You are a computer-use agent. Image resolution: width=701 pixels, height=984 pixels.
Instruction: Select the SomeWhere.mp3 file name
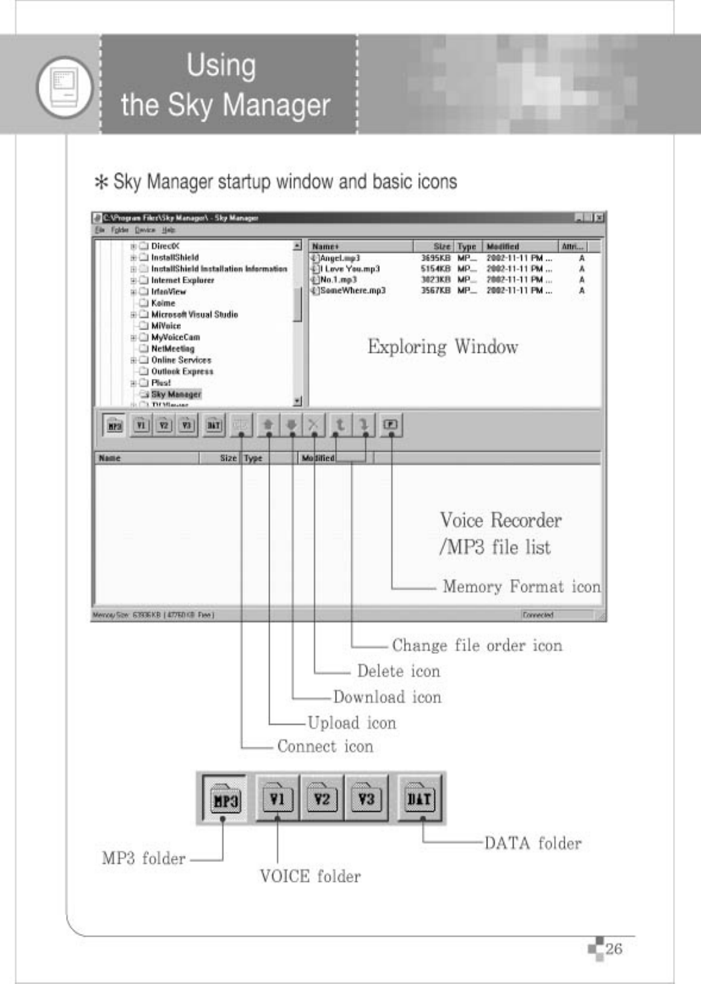(x=352, y=291)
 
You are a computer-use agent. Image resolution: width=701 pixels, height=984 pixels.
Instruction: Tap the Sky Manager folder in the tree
(x=175, y=394)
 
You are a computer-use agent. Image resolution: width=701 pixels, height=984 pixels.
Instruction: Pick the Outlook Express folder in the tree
(x=182, y=372)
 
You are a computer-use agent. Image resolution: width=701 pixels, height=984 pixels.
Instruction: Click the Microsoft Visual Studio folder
(x=194, y=314)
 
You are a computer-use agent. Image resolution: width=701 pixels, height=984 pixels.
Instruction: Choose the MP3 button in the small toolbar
(x=115, y=426)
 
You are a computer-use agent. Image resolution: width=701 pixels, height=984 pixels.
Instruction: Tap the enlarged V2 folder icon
(x=322, y=799)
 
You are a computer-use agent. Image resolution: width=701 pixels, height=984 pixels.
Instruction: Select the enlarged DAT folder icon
(x=419, y=799)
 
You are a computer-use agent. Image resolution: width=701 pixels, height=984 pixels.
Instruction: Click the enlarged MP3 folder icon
(x=225, y=799)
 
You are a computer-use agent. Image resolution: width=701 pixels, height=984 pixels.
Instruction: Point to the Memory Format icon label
(x=521, y=587)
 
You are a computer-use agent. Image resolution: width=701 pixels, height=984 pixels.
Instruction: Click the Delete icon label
(x=398, y=671)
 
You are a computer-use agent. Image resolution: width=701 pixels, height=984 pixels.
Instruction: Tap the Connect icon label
(x=324, y=747)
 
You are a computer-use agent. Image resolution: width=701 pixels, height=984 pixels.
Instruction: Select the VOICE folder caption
(x=310, y=877)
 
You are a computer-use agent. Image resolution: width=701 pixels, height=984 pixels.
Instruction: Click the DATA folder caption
(x=532, y=844)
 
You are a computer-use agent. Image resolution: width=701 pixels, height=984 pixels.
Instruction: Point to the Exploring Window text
(x=442, y=347)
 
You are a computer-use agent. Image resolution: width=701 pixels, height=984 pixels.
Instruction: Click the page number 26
(x=613, y=949)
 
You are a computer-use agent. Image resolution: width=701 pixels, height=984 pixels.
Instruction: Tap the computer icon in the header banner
(x=65, y=85)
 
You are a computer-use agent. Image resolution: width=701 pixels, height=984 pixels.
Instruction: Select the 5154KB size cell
(x=435, y=269)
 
